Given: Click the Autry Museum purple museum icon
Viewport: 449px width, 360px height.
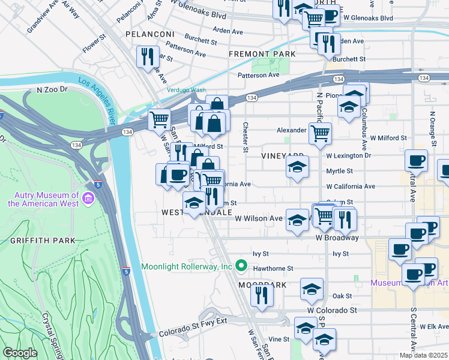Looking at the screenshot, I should point(89,198).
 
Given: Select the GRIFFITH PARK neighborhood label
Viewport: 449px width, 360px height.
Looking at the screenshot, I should point(42,241).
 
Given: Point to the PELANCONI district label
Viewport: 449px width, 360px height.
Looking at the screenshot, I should point(149,34).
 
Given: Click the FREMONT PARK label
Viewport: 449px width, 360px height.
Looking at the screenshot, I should point(262,54).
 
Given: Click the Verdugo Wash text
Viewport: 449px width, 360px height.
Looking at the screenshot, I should point(186,90).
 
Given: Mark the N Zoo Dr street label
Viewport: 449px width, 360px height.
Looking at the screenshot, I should point(53,89).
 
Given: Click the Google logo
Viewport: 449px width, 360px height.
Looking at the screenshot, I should point(20,352).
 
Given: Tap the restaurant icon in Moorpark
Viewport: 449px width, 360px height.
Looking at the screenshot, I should point(262,295).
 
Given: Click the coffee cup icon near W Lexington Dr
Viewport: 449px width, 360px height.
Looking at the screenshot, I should point(416,160).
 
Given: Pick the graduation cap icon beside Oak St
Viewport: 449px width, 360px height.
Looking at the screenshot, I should point(312,289).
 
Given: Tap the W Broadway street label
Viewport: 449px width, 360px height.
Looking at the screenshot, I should point(336,238).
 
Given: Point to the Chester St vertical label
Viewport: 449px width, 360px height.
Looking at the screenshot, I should point(246,137).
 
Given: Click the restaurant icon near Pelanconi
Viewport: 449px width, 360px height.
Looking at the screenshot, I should point(148,56).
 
